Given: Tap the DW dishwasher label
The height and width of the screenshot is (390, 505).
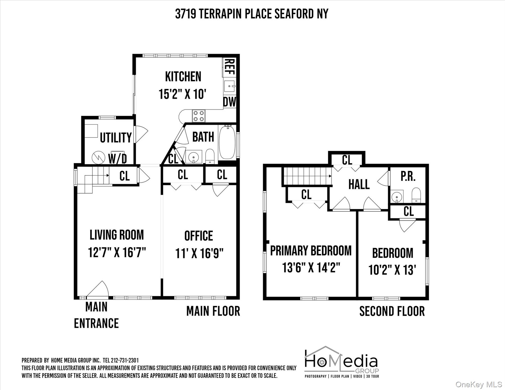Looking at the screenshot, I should tap(230, 102).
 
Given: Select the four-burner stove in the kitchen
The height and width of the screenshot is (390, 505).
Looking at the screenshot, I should tap(199, 116).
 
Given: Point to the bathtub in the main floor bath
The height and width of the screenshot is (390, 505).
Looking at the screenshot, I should tap(227, 142).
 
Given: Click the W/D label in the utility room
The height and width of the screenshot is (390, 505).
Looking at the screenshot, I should tap(117, 159).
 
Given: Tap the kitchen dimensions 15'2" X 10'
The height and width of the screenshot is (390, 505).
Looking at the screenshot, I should tap(182, 94).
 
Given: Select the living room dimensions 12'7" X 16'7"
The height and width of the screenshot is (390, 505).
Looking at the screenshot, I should tap(117, 252).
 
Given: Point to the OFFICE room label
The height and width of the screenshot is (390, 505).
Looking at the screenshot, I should tap(199, 236).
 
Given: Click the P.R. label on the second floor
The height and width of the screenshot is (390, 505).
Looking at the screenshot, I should tap(408, 177).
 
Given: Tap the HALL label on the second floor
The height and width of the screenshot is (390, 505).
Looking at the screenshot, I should tap(359, 184).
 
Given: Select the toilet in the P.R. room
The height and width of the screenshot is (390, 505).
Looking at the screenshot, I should tap(416, 195).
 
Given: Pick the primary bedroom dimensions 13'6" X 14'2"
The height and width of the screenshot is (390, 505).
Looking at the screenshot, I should tap(311, 268).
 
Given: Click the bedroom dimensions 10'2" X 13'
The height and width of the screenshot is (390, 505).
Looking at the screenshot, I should tap(392, 270).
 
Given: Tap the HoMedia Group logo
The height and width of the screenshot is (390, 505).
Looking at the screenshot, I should tap(342, 362).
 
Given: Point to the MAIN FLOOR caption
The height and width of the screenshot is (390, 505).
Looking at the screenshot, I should tap(213, 311).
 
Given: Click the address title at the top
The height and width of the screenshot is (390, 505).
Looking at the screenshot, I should tap(251, 14).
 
